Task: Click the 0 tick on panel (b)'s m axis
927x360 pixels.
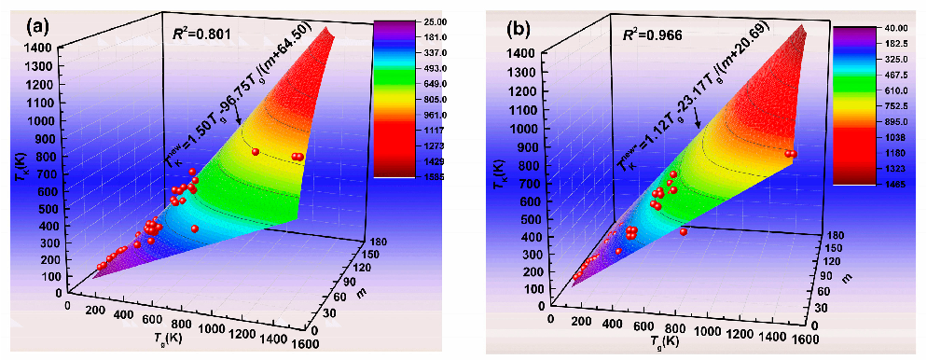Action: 798,323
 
